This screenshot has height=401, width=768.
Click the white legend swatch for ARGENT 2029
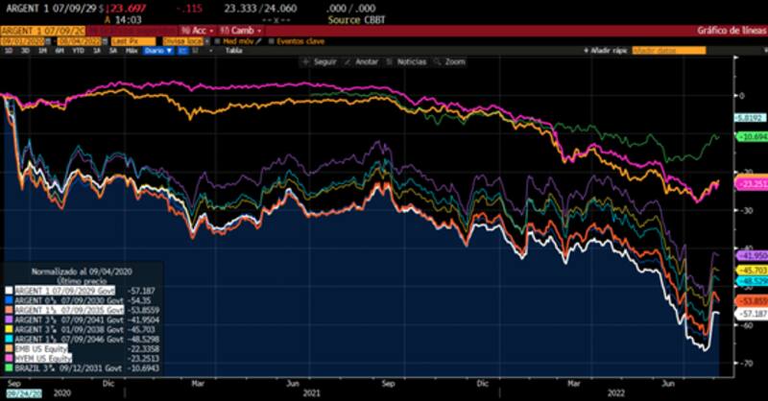point(8,289)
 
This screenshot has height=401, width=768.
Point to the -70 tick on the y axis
point(739,365)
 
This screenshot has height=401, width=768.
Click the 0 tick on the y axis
point(739,95)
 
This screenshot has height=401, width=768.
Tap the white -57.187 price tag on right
point(750,314)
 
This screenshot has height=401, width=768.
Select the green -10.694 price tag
point(750,137)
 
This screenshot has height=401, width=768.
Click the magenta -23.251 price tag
point(750,182)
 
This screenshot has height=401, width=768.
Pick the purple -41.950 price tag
point(750,257)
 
